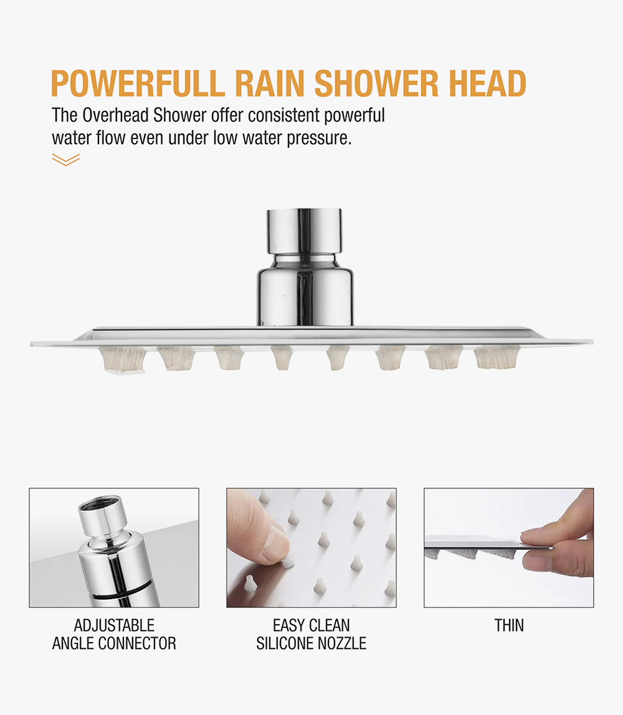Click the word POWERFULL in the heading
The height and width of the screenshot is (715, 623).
138,83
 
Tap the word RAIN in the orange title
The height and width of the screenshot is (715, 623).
270,83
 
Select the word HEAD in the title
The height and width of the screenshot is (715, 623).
488,83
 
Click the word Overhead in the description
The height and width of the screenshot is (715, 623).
116,115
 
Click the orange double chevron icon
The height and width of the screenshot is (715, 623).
65,159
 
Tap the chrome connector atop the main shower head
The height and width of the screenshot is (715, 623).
305,268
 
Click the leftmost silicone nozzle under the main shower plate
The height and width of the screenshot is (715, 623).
123,358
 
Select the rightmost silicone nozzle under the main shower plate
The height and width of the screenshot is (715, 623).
497,357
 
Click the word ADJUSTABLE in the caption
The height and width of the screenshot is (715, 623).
114,625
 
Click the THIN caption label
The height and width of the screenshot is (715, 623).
509,625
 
